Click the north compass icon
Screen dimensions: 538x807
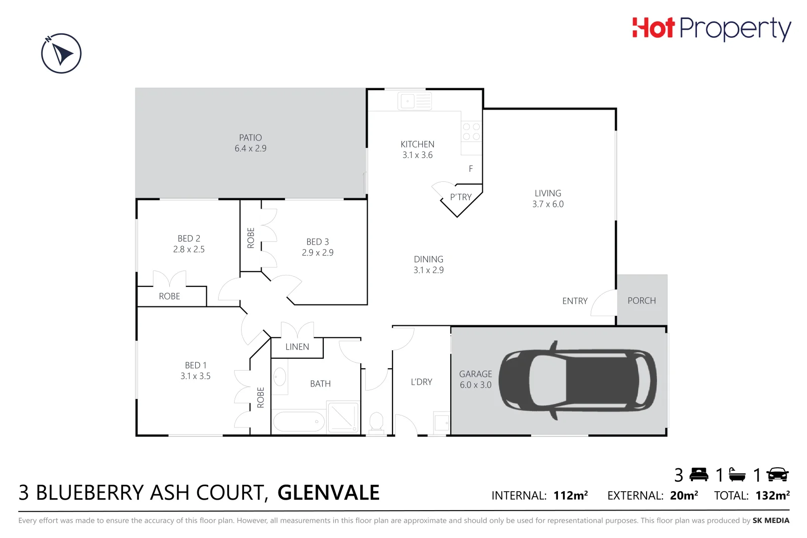coord(61,53)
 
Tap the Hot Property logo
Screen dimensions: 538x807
coord(711,28)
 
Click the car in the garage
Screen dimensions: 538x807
coord(578,381)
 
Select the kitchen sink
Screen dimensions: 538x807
coord(414,101)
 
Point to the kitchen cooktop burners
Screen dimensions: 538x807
coord(471,132)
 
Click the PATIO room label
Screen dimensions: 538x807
coord(250,143)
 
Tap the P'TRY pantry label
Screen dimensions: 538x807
coord(460,197)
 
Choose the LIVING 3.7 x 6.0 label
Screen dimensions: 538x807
coord(547,198)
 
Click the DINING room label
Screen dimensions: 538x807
coord(428,265)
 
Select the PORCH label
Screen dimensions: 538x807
coord(642,300)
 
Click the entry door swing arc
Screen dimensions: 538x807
coord(604,303)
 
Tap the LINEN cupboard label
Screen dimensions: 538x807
coord(297,347)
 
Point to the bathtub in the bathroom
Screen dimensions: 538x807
coord(299,422)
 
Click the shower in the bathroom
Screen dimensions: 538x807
coord(343,417)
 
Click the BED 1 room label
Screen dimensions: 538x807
coord(195,371)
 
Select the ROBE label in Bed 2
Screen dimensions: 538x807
coord(169,296)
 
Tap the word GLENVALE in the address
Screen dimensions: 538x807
coord(328,493)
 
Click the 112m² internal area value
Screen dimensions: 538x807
coord(570,495)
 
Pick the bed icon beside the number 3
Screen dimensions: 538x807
coord(698,475)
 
